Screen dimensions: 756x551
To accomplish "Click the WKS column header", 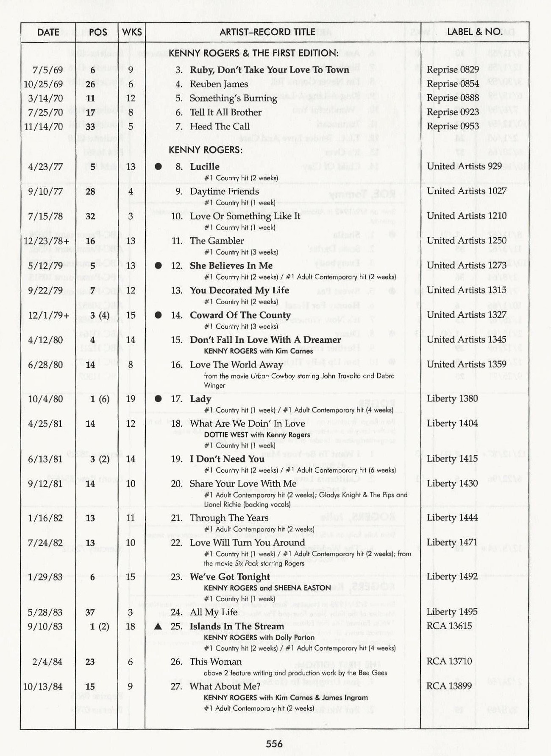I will tap(132, 32).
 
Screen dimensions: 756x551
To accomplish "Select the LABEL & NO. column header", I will tap(474, 32).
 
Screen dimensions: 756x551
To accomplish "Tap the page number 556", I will tap(274, 743).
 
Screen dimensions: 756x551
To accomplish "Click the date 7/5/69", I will tap(47, 70).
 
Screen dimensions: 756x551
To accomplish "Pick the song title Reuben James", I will tap(219, 84).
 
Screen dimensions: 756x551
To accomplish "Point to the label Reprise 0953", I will tap(453, 126).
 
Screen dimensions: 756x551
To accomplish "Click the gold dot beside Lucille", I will tap(158, 167).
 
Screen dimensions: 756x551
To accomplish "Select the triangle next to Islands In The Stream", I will tap(158, 627).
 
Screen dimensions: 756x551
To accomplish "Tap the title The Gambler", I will tap(217, 241).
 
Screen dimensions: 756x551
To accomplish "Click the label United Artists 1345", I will tap(466, 339).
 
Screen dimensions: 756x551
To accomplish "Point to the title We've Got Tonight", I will tap(230, 577).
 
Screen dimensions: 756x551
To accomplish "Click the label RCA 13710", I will tap(449, 661).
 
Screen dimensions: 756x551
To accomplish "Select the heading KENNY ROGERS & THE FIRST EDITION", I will tap(253, 53).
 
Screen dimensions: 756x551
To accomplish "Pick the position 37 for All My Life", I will tap(90, 612).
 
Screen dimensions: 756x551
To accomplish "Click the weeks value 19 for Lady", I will tap(131, 399).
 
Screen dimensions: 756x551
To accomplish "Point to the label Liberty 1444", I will tap(452, 518).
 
